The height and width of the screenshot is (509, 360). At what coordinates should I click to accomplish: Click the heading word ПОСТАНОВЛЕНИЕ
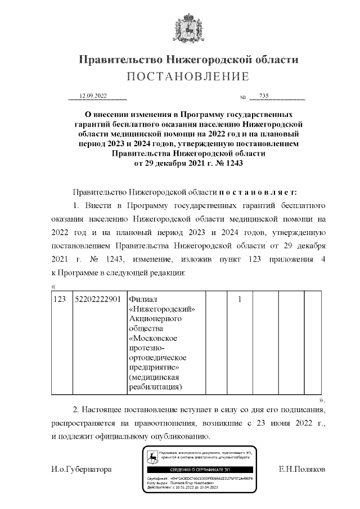point(187,76)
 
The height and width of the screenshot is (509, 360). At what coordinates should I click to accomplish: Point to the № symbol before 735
point(244,98)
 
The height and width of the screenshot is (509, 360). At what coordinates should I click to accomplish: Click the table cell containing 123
point(60,299)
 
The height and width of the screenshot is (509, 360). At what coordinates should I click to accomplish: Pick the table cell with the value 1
point(240,299)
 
